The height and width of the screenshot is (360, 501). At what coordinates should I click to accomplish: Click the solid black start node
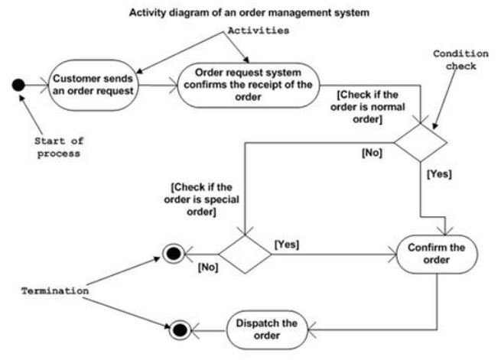tap(18, 85)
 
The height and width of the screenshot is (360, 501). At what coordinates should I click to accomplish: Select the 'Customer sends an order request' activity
tap(93, 85)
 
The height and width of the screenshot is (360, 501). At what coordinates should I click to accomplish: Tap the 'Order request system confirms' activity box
tap(249, 85)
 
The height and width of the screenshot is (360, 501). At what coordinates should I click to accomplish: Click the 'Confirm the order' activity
tap(437, 254)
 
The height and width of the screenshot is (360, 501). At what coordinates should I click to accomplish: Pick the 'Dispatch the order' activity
tap(267, 329)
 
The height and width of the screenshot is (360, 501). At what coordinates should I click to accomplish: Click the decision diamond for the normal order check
tap(421, 142)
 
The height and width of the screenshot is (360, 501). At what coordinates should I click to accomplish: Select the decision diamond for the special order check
tap(245, 255)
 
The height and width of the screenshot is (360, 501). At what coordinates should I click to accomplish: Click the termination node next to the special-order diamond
tap(174, 254)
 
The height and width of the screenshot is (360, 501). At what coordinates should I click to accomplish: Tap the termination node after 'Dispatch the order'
tap(180, 330)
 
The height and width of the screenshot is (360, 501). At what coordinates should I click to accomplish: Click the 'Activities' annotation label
tap(259, 31)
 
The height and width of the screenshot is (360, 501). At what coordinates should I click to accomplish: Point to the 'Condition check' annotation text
tap(460, 60)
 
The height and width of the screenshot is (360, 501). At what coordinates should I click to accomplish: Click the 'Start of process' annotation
tap(59, 147)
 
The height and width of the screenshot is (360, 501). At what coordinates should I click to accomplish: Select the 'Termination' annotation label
tap(55, 291)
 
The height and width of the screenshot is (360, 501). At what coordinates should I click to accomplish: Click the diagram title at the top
tap(249, 13)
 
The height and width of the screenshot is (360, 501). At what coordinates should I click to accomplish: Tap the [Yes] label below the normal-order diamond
tap(439, 174)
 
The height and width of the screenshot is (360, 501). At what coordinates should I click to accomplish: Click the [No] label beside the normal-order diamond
tap(372, 153)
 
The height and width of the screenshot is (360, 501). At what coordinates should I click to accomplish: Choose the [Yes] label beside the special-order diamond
tap(287, 245)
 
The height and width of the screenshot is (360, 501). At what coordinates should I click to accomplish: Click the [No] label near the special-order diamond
tap(208, 267)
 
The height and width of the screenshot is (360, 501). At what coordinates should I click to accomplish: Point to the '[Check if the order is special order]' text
tap(202, 199)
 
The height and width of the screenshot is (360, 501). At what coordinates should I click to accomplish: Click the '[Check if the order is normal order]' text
tap(368, 107)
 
